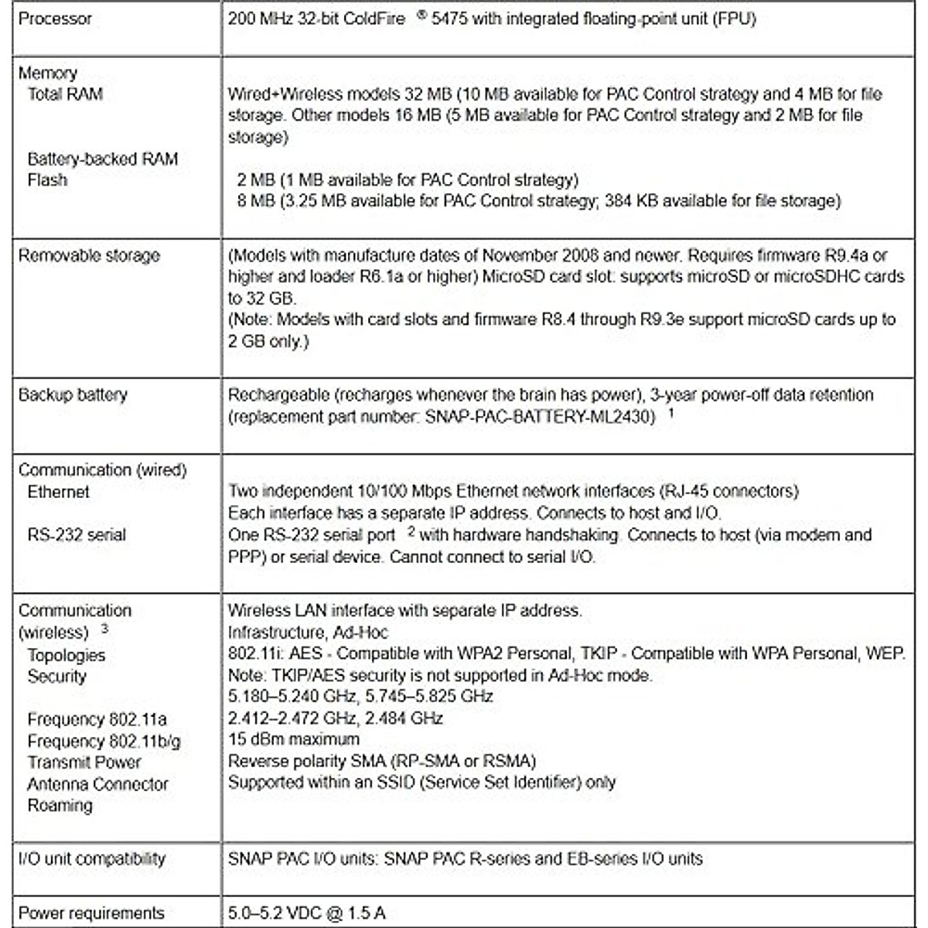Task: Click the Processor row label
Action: coord(55,19)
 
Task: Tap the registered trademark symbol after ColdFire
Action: coord(421,13)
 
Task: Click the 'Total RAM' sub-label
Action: coord(65,94)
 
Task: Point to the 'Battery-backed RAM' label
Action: coord(103,159)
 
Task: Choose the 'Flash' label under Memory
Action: coord(47,180)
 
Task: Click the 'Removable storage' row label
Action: coord(89,256)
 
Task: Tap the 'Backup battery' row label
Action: coord(73,395)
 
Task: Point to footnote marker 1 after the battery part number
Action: coord(671,412)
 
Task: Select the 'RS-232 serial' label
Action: coord(77,534)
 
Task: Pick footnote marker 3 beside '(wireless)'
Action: coord(104,628)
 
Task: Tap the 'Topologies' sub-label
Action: coord(67,655)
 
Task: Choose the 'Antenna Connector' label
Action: coord(98,784)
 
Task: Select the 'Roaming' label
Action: coord(60,805)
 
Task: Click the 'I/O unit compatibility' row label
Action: coord(92,858)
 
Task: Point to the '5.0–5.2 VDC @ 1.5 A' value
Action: coord(307,913)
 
